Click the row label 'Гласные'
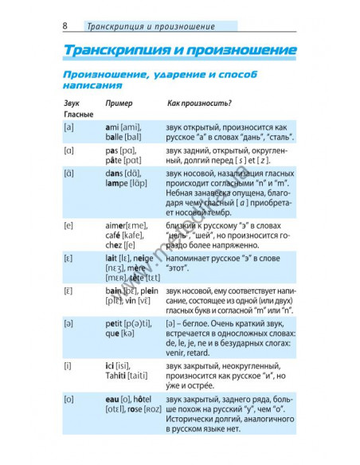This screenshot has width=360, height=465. [x=76, y=115]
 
